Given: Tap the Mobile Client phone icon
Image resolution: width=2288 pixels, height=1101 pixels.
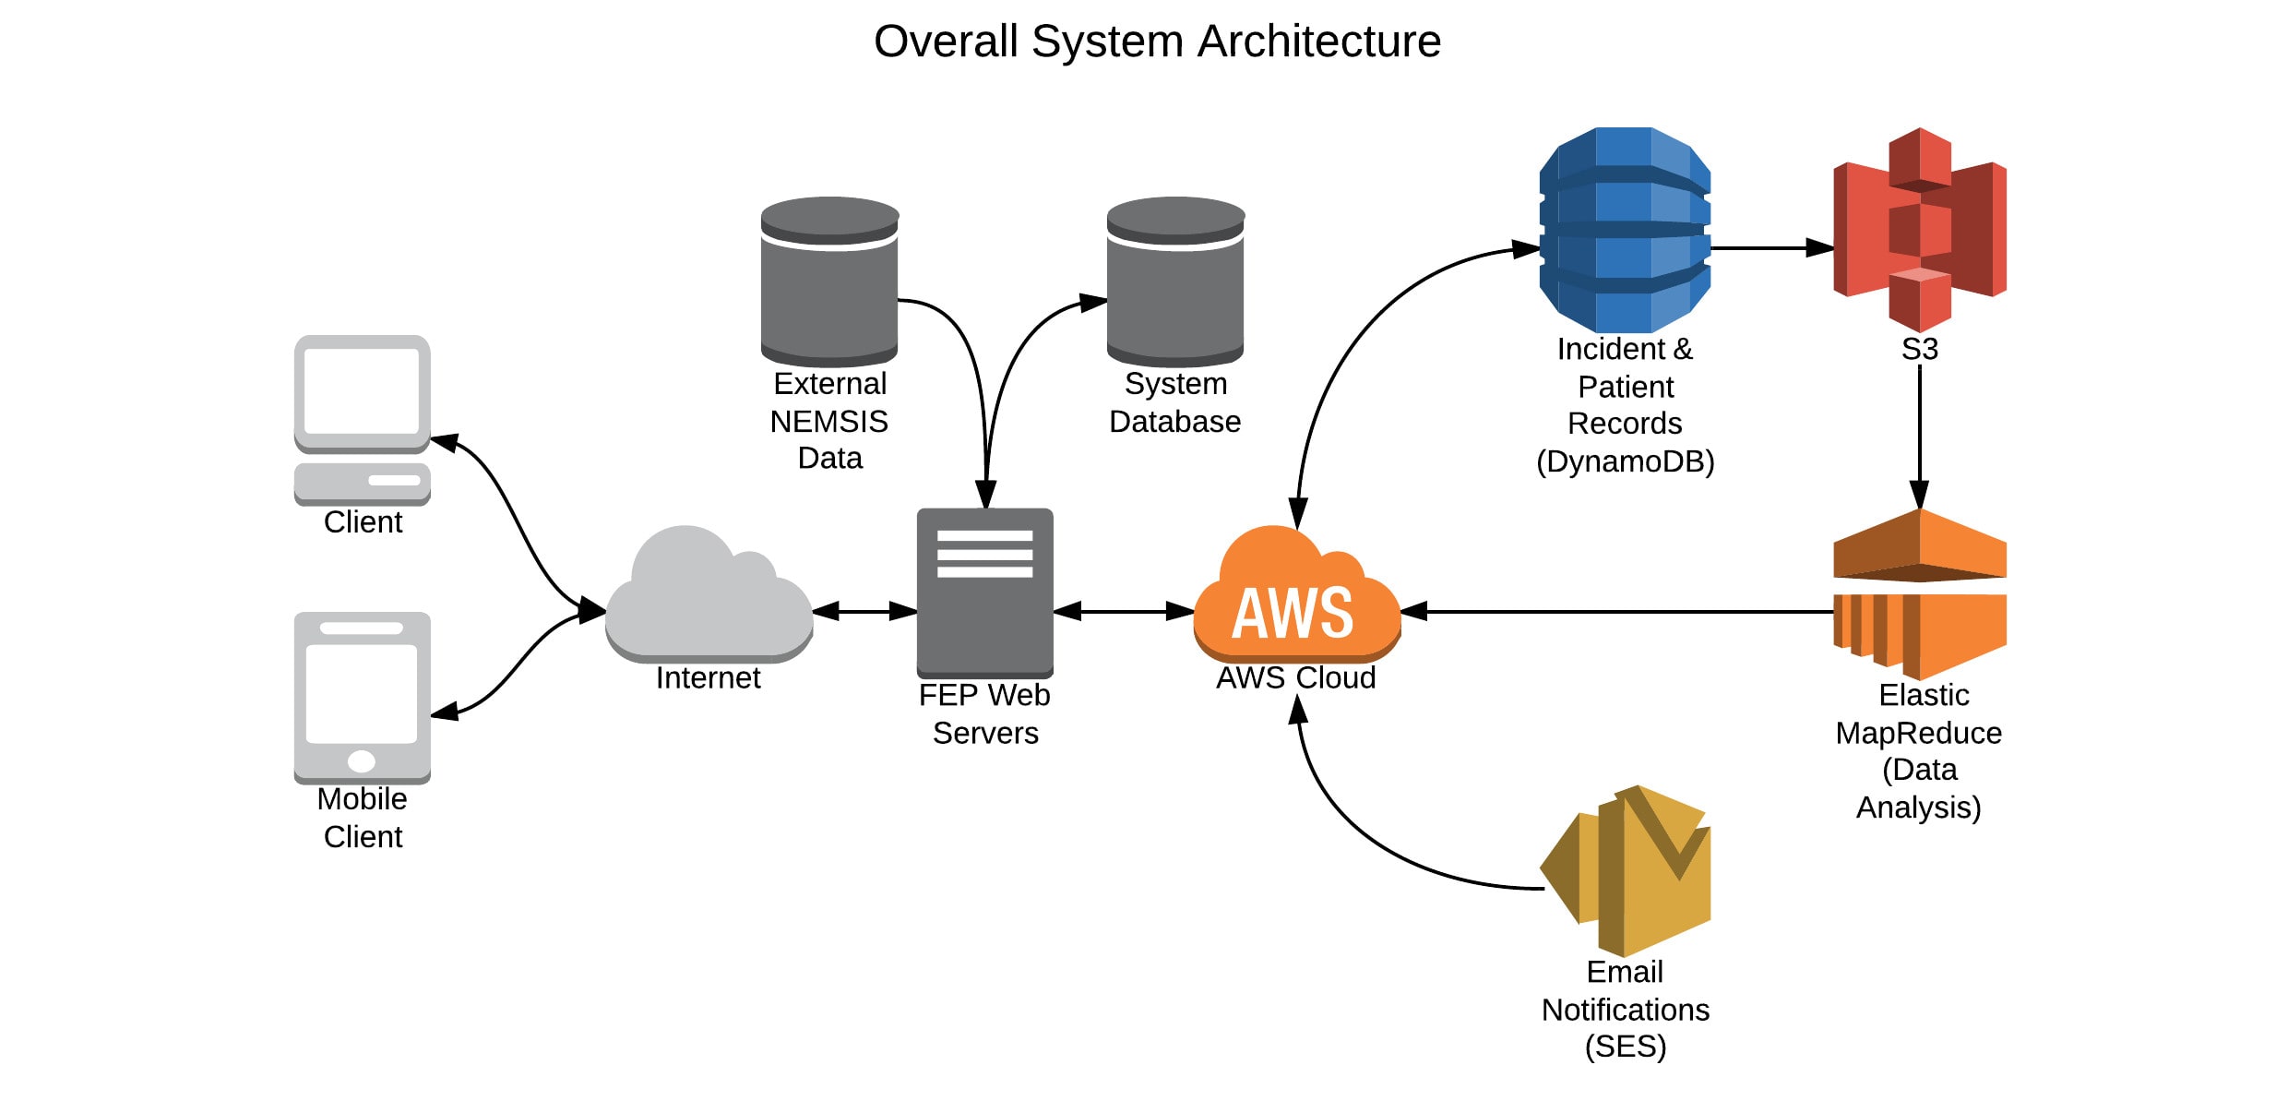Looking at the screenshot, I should coord(362,697).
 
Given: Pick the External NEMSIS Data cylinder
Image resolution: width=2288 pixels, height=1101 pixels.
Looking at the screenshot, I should coord(829,281).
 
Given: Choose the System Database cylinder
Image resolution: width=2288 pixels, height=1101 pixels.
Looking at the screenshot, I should coord(1175,281).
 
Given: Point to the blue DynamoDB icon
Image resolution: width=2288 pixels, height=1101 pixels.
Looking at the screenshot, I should coord(1625,231).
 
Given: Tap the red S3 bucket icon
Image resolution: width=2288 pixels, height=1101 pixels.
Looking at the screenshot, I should coord(1920,231).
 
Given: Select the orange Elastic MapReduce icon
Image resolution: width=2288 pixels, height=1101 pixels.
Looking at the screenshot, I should coord(1920,595).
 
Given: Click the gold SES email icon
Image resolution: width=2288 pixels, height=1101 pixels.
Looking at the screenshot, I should coord(1626,872).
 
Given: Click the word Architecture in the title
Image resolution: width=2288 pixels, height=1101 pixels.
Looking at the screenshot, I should coord(1318,42).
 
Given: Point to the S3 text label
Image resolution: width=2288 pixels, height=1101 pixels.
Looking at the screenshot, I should coord(1920,350).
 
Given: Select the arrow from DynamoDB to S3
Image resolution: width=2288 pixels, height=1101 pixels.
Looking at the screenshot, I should coord(1771,247).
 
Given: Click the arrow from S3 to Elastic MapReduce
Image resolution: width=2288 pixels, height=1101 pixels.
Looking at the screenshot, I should coord(1920,434).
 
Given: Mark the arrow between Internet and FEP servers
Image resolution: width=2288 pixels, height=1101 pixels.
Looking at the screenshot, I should coord(864,611).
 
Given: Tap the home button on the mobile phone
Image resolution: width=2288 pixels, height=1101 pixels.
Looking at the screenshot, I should coord(362,761).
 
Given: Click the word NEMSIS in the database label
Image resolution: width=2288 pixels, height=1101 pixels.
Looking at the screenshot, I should coord(829,422).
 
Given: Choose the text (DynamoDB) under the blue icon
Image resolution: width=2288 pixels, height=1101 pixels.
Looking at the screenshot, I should coord(1625,461).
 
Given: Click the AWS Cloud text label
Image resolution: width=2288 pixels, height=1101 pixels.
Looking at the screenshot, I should coord(1295,678).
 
